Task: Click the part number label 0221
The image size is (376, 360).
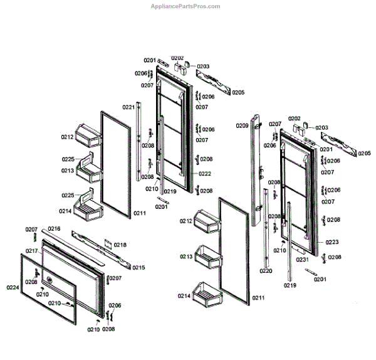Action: (x=128, y=107)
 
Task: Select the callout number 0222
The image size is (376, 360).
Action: (x=205, y=174)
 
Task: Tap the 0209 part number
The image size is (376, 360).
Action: (x=242, y=125)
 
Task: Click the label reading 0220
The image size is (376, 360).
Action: (x=266, y=271)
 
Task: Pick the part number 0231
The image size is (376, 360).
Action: (x=303, y=260)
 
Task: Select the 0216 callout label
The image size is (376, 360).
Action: (x=54, y=229)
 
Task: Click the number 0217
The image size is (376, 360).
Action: (x=32, y=251)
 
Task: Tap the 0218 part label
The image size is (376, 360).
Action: (x=120, y=245)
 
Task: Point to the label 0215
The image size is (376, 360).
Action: (x=138, y=268)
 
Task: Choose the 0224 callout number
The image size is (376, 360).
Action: (x=13, y=287)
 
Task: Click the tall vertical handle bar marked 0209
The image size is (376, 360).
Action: (x=257, y=169)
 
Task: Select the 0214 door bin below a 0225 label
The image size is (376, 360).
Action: (x=86, y=205)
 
